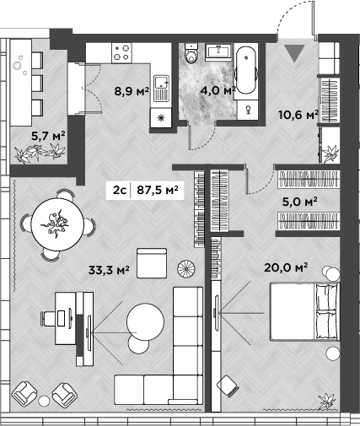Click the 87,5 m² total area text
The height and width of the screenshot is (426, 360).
click(x=158, y=191)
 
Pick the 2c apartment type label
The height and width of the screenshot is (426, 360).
click(x=119, y=191)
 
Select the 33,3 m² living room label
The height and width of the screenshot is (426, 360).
click(x=109, y=271)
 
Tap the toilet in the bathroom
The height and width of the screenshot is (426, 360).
click(x=191, y=56)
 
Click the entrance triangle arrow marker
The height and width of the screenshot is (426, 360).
click(x=293, y=55)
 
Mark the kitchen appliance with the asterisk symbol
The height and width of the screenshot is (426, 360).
click(x=159, y=119)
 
